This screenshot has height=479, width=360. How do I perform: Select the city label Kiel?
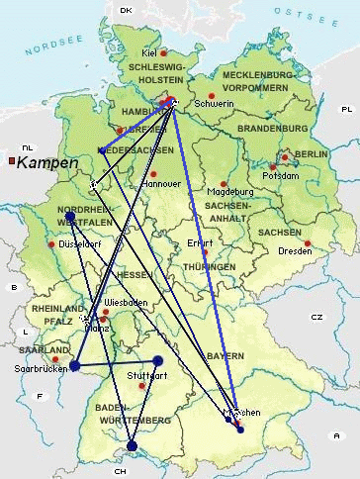(149, 52)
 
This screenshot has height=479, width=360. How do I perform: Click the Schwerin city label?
(215, 103)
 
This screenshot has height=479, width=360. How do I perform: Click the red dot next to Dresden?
(308, 243)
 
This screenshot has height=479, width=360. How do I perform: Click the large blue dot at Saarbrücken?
(74, 366)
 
